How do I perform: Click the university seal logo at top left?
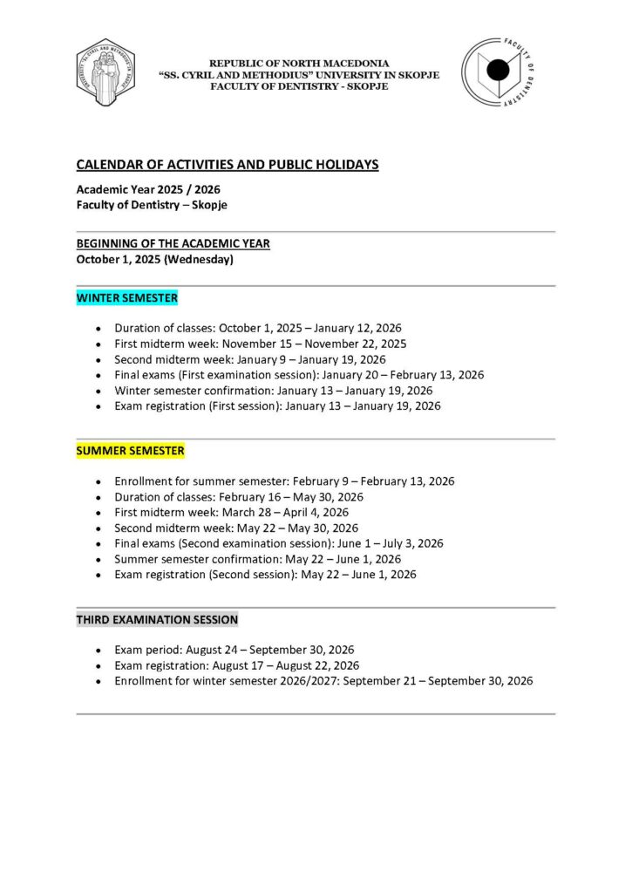click(110, 73)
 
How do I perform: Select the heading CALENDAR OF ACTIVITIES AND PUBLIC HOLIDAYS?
click(228, 165)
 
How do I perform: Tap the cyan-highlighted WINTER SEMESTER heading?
click(127, 298)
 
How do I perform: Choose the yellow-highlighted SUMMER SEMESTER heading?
click(131, 451)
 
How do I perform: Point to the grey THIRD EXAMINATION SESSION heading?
click(157, 620)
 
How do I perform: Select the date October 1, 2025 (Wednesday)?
click(154, 259)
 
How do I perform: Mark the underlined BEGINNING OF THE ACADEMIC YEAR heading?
click(173, 243)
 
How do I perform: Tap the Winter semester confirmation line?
click(273, 391)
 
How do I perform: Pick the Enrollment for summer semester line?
click(284, 481)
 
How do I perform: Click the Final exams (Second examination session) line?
click(279, 543)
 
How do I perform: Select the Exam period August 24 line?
click(234, 650)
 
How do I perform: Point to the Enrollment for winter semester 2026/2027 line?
click(323, 681)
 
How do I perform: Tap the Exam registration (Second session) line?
click(265, 575)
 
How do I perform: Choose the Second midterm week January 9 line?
click(250, 359)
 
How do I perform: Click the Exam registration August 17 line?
click(236, 665)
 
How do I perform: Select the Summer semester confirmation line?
click(258, 559)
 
